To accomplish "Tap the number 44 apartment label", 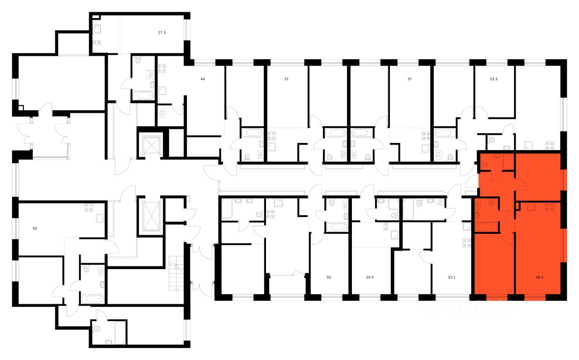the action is pyautogui.click(x=203, y=79).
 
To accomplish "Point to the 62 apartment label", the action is pyautogui.click(x=35, y=228).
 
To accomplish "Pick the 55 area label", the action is pyautogui.click(x=329, y=278).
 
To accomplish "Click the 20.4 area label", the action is pyautogui.click(x=369, y=278).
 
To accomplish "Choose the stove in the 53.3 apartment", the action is pyautogui.click(x=549, y=146).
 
